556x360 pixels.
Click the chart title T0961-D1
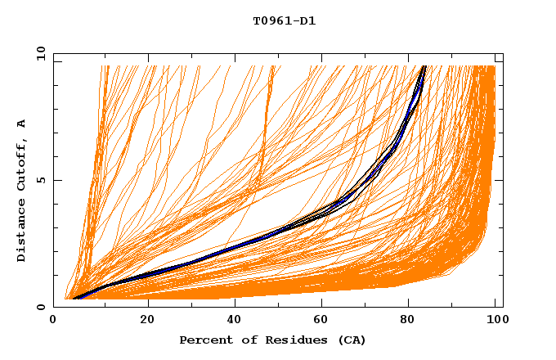coord(284,21)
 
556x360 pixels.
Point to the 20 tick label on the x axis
coord(147,319)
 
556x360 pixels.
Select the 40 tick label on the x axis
coord(235,319)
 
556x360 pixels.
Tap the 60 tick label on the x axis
coord(325,319)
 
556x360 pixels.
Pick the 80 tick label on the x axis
coord(413,319)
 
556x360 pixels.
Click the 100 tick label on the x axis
coord(495,319)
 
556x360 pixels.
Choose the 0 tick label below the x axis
coord(54,319)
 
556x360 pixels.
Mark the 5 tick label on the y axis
coord(39,180)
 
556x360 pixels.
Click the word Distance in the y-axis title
coord(21,233)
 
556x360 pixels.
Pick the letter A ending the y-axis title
coord(21,124)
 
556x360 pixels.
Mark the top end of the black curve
coord(424,66)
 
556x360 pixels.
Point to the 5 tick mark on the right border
coord(500,180)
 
